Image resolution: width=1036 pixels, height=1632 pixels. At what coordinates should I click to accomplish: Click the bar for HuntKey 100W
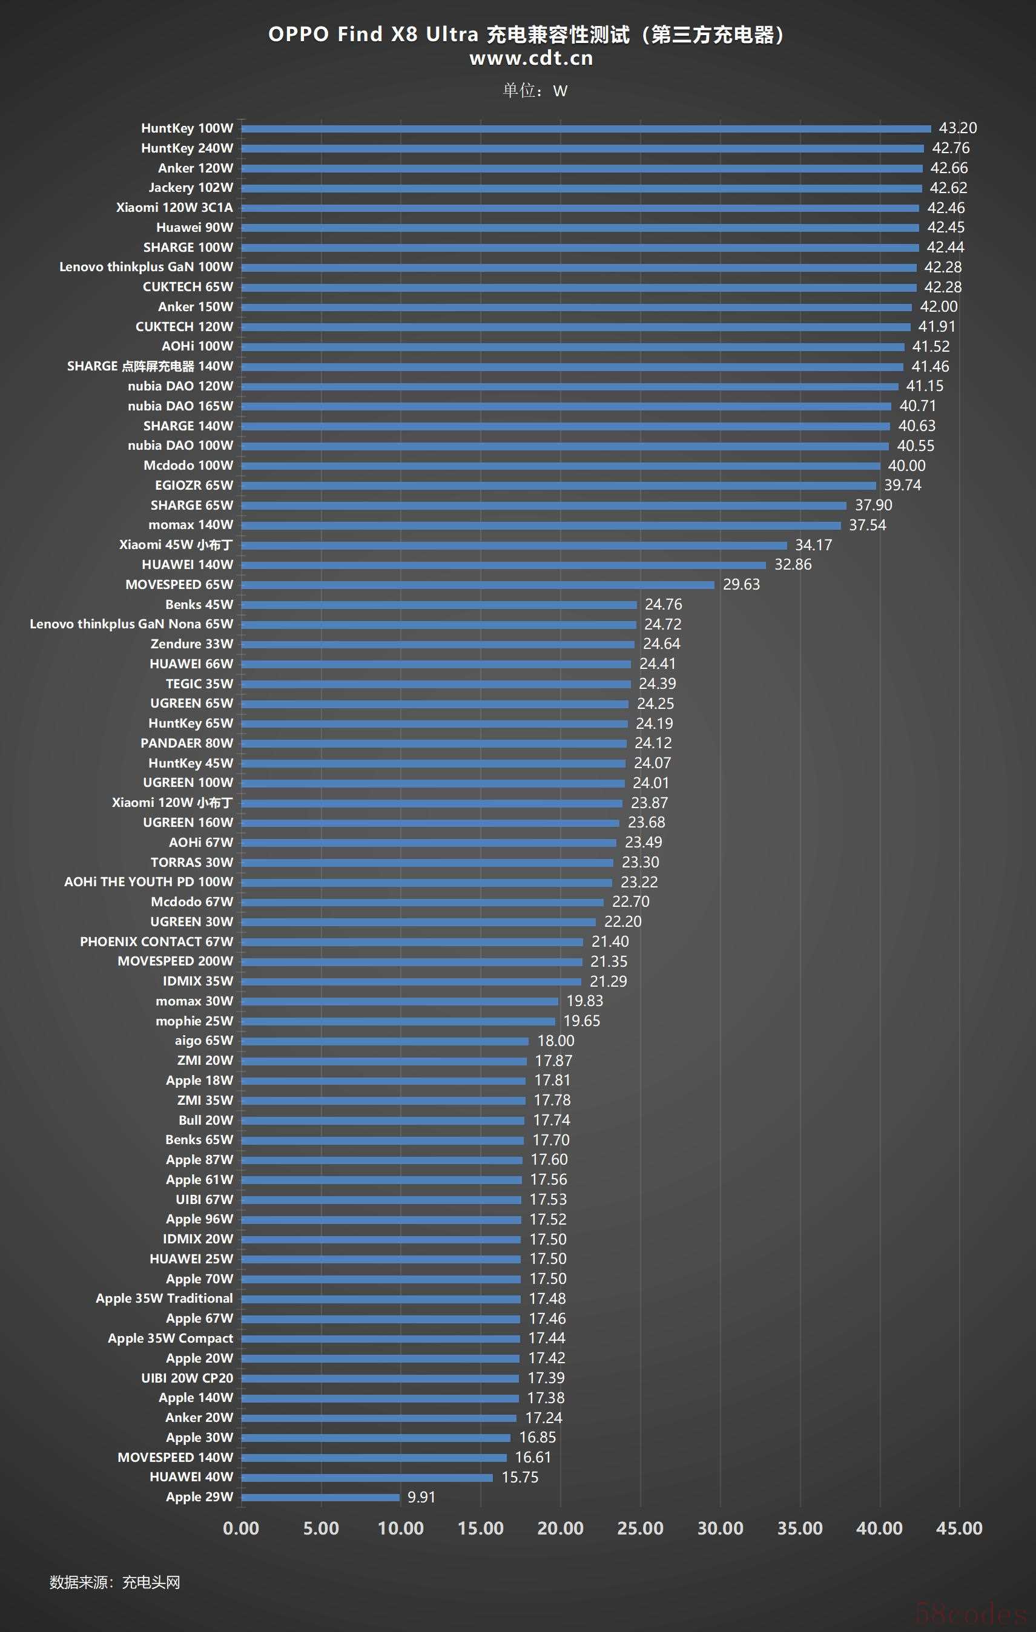tap(586, 129)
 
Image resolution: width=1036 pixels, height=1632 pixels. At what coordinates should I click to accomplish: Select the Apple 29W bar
tap(320, 1497)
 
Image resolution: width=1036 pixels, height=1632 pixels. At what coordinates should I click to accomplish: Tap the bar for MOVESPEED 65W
tap(477, 585)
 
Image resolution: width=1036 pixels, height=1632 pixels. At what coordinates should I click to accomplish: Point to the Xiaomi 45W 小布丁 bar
tap(514, 545)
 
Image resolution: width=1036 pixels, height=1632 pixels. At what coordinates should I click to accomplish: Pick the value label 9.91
tap(421, 1497)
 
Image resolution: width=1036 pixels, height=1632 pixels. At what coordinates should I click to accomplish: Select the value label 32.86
tap(793, 565)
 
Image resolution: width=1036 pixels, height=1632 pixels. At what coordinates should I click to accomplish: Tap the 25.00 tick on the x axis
tap(640, 1528)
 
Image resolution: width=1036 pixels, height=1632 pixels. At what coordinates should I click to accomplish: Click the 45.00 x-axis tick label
tap(958, 1528)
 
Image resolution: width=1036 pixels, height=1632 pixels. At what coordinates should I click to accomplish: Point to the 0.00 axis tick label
tap(241, 1528)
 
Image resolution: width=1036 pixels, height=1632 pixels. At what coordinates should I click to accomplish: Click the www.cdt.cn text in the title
tap(531, 58)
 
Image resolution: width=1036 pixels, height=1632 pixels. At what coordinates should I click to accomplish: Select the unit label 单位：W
tap(535, 91)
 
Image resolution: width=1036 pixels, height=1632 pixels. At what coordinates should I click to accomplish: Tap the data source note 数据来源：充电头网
tap(114, 1582)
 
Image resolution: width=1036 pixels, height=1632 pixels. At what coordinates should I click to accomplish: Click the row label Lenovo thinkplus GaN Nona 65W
tap(131, 624)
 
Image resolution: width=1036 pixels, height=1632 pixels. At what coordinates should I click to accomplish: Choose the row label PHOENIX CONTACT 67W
tap(157, 941)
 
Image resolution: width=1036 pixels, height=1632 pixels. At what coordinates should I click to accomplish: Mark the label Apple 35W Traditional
tap(164, 1298)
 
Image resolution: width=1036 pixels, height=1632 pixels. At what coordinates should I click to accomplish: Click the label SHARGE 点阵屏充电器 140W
tap(150, 367)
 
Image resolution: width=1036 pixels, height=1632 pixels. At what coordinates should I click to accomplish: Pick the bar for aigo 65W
tap(384, 1041)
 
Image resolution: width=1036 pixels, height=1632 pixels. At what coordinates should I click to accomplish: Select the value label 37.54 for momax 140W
tap(867, 525)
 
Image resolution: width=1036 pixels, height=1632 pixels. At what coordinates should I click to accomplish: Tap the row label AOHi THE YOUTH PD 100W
tap(148, 882)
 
